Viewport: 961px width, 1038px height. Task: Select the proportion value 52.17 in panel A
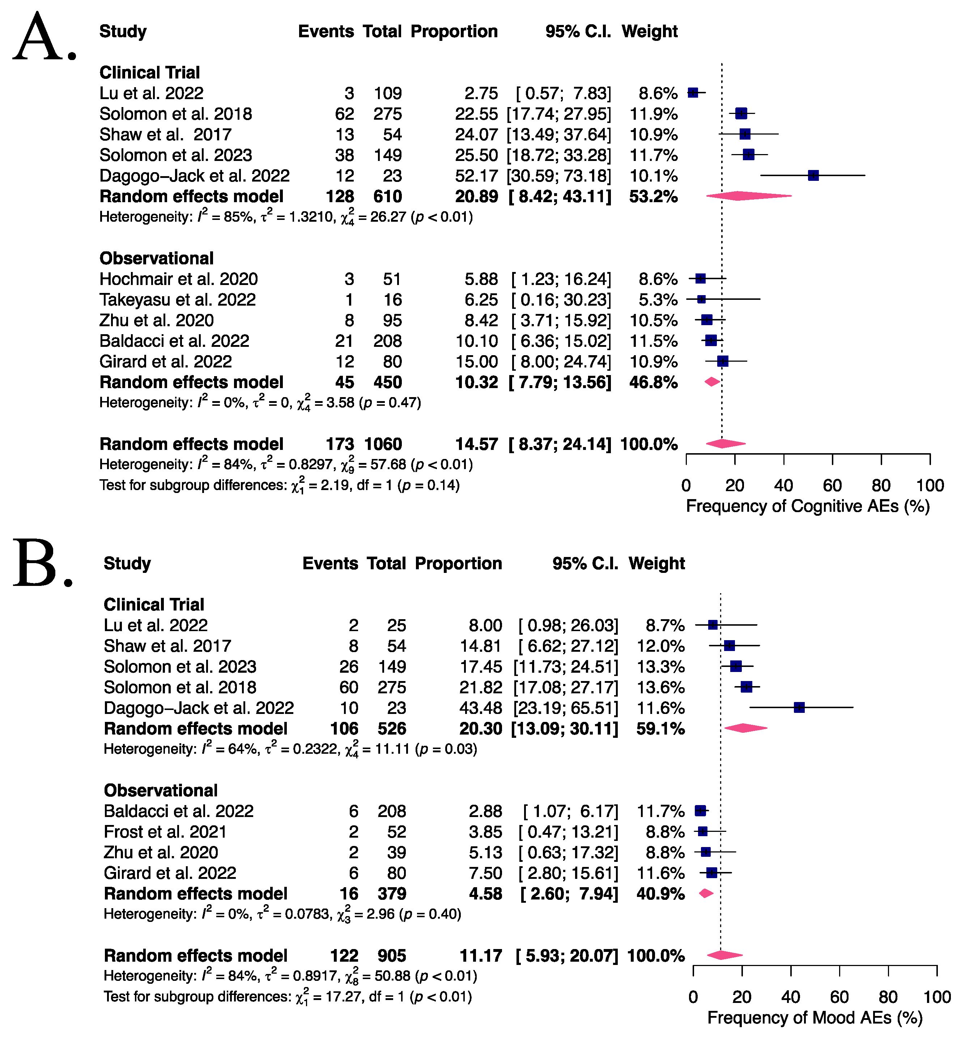pyautogui.click(x=476, y=176)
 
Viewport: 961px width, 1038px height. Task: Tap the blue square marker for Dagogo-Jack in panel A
pyautogui.click(x=813, y=176)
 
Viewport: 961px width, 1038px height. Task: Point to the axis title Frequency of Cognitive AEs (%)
pyautogui.click(x=808, y=506)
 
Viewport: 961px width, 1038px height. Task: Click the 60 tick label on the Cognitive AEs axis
pyautogui.click(x=832, y=486)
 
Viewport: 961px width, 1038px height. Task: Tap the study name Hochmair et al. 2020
pyautogui.click(x=178, y=279)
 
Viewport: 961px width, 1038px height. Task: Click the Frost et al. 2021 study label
pyautogui.click(x=165, y=831)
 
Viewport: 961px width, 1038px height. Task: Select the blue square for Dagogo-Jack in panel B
pyautogui.click(x=799, y=707)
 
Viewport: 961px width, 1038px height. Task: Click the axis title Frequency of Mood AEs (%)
pyautogui.click(x=815, y=1018)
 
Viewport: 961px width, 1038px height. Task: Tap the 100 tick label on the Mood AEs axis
pyautogui.click(x=936, y=997)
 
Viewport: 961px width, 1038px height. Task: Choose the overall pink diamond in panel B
pyautogui.click(x=724, y=955)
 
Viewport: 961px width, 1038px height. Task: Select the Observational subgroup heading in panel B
pyautogui.click(x=160, y=791)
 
